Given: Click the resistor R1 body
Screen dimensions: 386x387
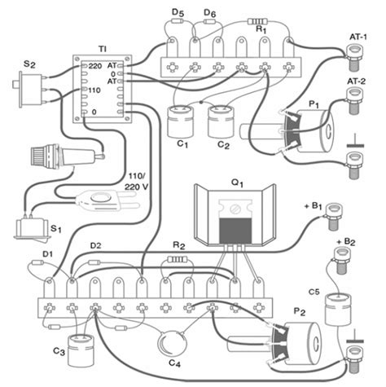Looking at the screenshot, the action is pos(257,21).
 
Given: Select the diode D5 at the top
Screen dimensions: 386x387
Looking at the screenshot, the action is pos(178,21).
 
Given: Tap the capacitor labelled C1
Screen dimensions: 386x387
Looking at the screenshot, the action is pos(181,121).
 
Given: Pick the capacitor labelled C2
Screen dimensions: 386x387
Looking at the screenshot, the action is pos(222,121).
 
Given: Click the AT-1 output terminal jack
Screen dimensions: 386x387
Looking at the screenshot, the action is pos(354,57).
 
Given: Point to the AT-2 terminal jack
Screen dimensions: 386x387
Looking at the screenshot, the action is pos(355,100).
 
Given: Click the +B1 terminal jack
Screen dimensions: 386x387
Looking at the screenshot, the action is pos(334,217).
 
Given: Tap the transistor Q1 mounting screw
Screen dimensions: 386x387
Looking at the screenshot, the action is pos(235,209).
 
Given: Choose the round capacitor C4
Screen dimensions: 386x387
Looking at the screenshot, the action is pos(173,344).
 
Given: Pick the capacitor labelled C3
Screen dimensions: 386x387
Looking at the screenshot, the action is pos(81,350).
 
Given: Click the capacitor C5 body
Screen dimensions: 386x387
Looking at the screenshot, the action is pos(338,310).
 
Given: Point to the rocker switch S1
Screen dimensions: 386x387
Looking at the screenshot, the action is pos(33,229).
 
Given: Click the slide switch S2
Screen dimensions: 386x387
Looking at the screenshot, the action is pos(29,90).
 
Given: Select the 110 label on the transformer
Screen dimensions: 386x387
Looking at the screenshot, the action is pos(94,90).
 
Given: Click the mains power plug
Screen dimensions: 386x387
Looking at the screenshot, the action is pos(108,201).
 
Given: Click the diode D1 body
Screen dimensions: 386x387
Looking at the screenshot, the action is pos(37,262).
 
